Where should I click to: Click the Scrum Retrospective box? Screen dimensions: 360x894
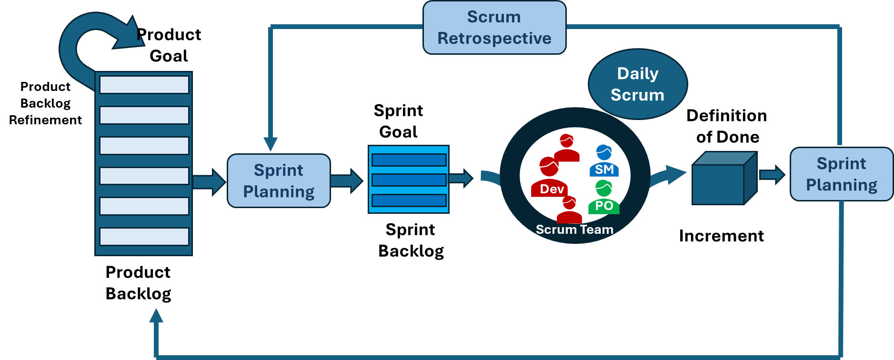point(494,28)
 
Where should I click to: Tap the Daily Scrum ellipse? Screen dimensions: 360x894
point(638,84)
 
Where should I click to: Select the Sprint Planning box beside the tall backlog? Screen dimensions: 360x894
point(279,181)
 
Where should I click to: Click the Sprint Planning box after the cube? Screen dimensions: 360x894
point(841,174)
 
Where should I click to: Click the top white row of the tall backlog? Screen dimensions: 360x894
point(144,85)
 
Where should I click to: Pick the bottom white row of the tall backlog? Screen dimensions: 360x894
point(144,237)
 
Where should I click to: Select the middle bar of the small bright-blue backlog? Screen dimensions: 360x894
point(409,180)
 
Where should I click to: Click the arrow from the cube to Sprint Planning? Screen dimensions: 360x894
point(772,175)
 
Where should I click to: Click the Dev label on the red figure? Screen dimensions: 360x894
point(552,189)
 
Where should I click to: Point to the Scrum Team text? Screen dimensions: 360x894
point(574,230)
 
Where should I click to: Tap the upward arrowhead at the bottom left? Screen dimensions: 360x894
point(156,316)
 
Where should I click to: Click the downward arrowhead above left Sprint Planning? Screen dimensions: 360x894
point(271,144)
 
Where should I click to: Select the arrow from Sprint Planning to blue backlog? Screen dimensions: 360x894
point(347,181)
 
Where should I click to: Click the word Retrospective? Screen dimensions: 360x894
point(494,38)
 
